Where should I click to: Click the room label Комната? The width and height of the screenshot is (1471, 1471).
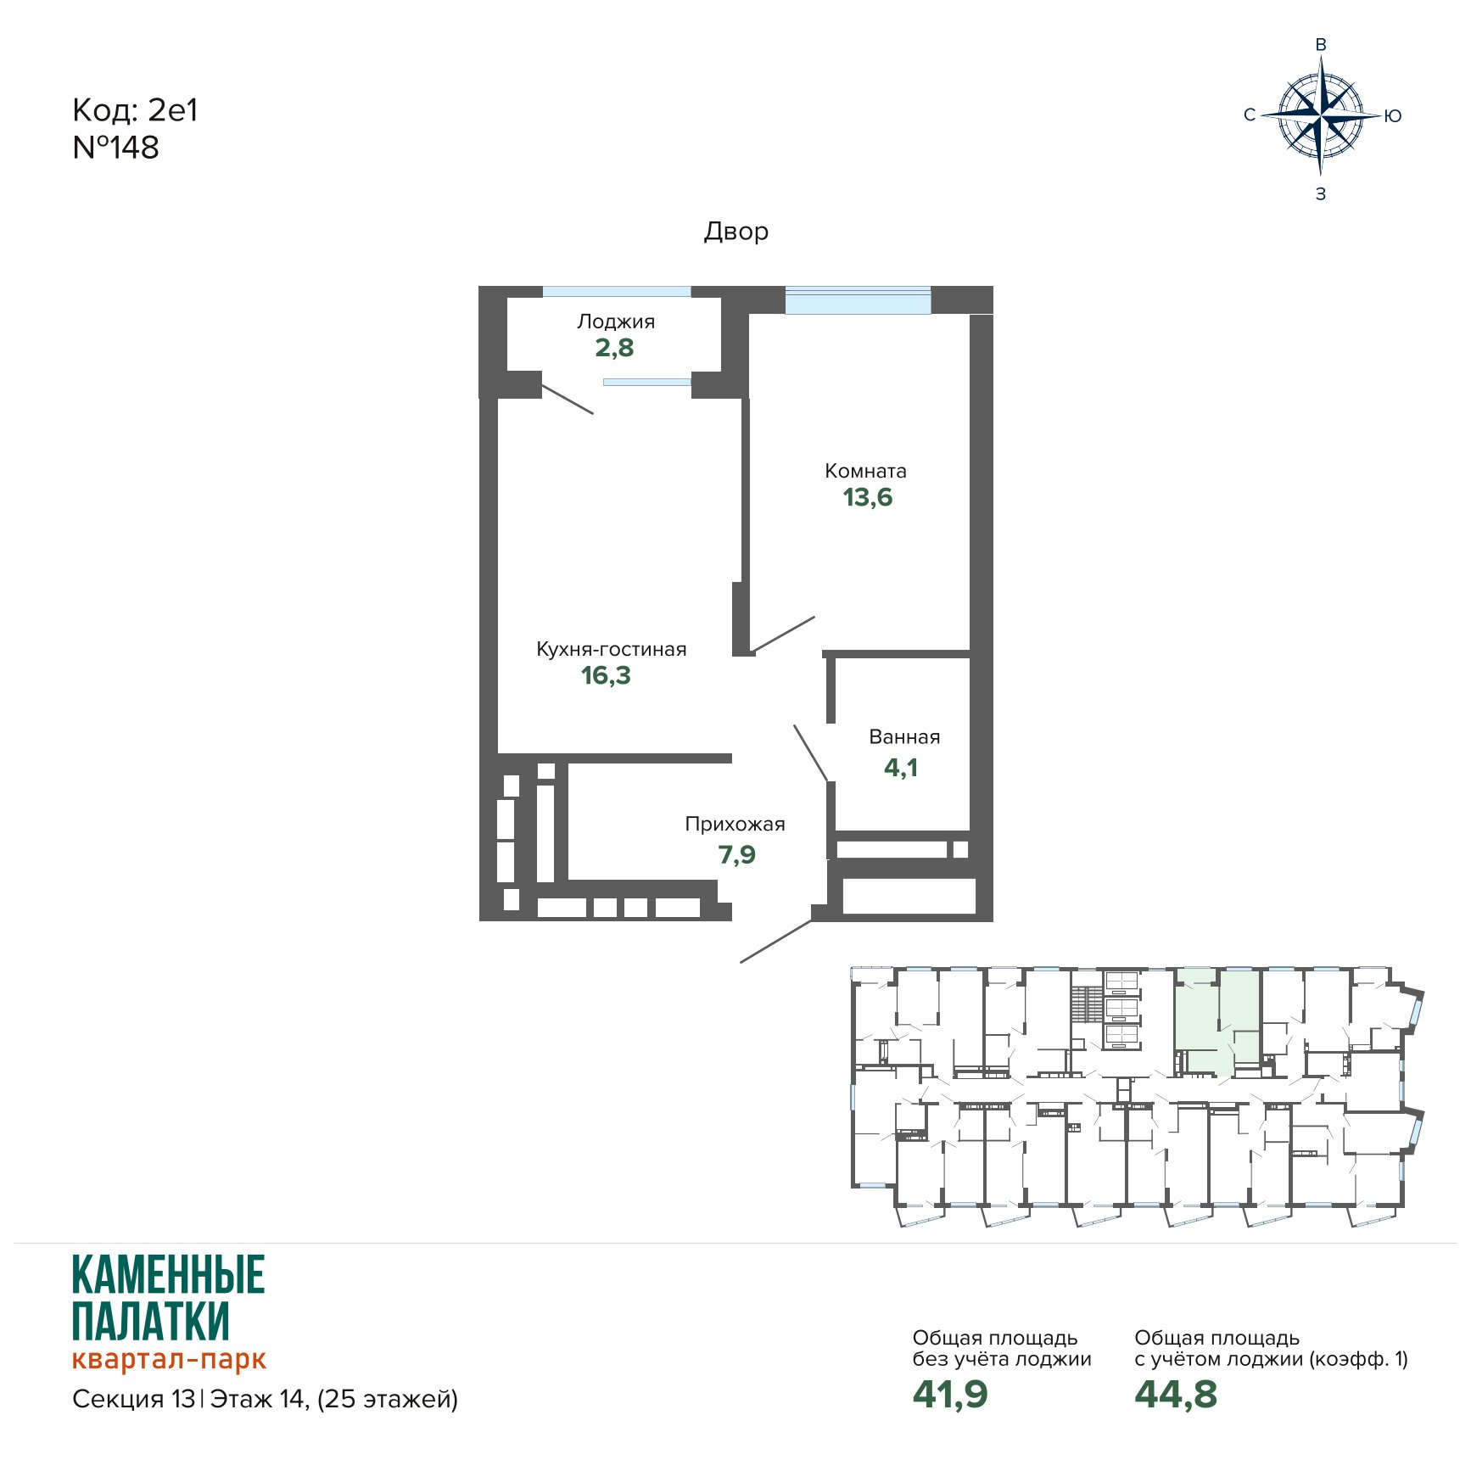tap(865, 471)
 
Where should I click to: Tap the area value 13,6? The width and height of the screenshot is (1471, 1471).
tap(867, 497)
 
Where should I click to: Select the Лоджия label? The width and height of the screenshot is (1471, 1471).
tap(616, 322)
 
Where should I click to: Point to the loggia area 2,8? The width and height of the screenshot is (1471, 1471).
tap(614, 348)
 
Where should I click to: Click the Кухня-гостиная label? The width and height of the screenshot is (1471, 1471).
tap(611, 649)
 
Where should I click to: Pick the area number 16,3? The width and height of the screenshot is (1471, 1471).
tap(606, 675)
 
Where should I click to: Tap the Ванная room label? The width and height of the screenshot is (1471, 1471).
tap(904, 737)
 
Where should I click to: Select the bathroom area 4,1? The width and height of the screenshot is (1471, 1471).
tap(901, 768)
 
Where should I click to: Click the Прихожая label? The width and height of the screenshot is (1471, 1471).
tap(735, 824)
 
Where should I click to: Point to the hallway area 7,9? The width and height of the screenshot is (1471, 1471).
tap(736, 854)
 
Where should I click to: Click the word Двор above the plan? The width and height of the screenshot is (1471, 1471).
tap(736, 232)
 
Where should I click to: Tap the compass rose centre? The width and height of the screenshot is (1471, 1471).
tap(1320, 115)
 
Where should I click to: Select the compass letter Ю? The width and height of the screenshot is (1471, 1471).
tap(1393, 116)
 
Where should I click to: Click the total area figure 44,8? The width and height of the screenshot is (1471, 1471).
tap(1176, 1394)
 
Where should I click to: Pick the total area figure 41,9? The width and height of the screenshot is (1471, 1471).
tap(950, 1394)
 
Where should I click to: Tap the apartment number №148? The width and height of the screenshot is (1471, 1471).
tap(116, 148)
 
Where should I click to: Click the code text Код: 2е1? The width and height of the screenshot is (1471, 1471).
tap(135, 110)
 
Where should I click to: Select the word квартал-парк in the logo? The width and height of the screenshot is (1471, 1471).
tap(169, 1359)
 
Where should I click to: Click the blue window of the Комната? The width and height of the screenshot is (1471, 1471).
tap(858, 301)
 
